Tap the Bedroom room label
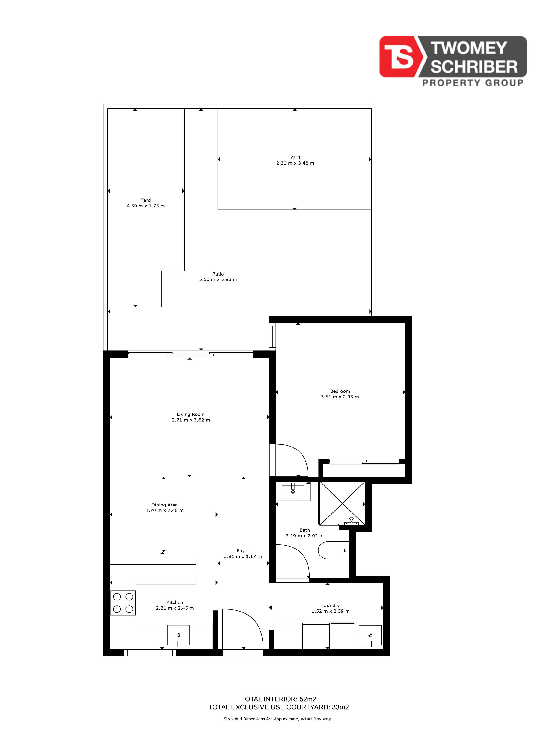click(x=340, y=391)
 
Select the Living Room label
click(x=191, y=414)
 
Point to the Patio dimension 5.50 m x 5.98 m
click(x=218, y=279)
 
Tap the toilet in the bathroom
click(x=334, y=550)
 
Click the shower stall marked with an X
click(x=342, y=503)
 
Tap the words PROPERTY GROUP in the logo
click(x=473, y=83)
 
